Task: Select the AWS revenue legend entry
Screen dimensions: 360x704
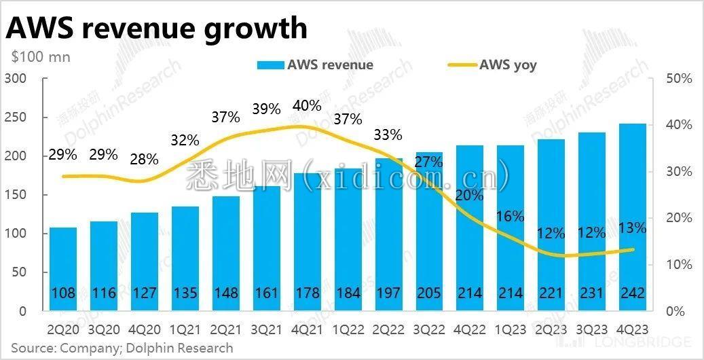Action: (315, 65)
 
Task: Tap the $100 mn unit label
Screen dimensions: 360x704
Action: (41, 57)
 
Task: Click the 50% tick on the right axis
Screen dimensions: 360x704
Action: (678, 79)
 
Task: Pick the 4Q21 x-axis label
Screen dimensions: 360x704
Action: (307, 328)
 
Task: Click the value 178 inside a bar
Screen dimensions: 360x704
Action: (307, 293)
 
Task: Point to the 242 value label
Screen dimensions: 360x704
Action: (632, 293)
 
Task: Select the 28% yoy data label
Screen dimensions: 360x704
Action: (144, 160)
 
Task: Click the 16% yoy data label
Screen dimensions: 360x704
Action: (510, 217)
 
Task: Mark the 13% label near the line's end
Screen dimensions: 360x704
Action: (632, 228)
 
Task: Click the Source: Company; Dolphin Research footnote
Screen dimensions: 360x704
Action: (122, 348)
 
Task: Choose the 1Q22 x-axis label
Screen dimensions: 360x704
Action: (348, 328)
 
